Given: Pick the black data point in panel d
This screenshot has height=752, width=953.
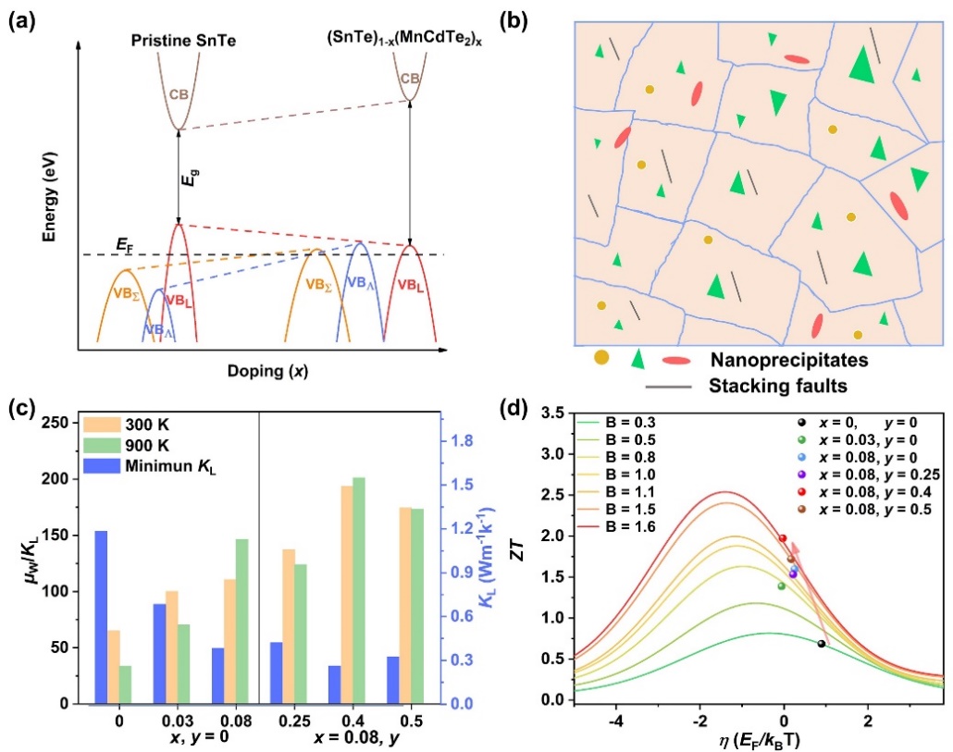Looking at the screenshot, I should tap(821, 644).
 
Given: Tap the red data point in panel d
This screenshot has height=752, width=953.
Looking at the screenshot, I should tap(782, 538).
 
